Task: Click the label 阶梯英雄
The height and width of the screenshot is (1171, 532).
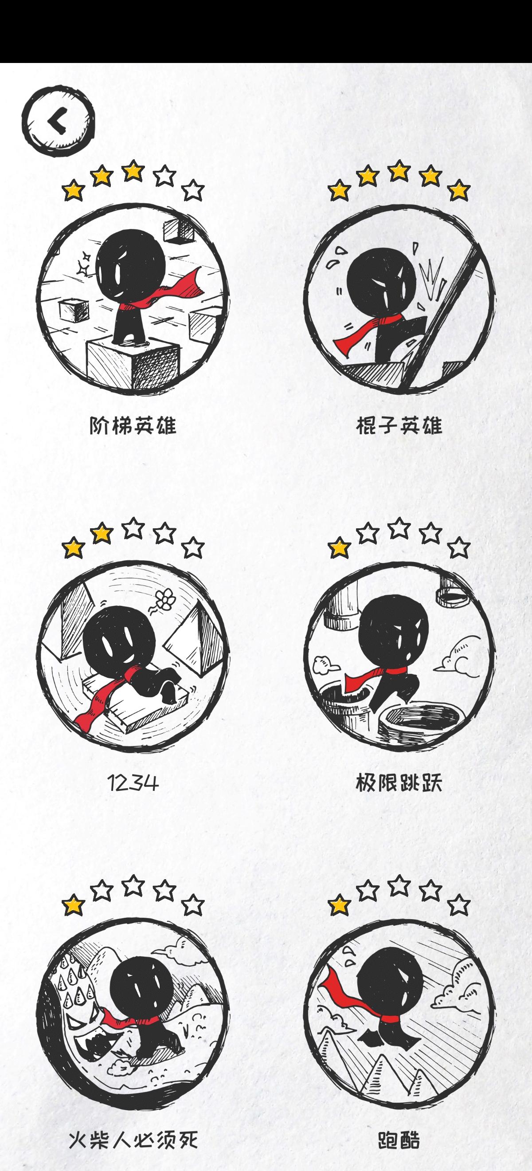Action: (x=133, y=426)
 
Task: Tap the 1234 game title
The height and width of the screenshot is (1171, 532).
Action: (x=133, y=783)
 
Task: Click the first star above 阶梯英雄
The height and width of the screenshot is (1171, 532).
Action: (x=73, y=190)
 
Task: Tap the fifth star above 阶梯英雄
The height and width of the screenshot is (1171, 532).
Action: (x=194, y=190)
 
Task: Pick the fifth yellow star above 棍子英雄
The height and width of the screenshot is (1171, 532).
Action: (x=459, y=190)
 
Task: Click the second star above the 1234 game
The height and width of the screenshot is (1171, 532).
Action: (x=102, y=532)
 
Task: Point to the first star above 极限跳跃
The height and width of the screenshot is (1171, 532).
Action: (x=339, y=547)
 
